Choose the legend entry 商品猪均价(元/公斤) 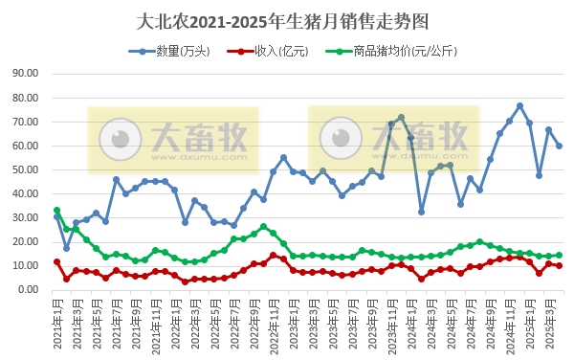387,51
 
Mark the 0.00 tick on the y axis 27,289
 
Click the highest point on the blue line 519,105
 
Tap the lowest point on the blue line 66,248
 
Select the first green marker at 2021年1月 56,211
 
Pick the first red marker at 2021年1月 56,261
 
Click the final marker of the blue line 560,146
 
